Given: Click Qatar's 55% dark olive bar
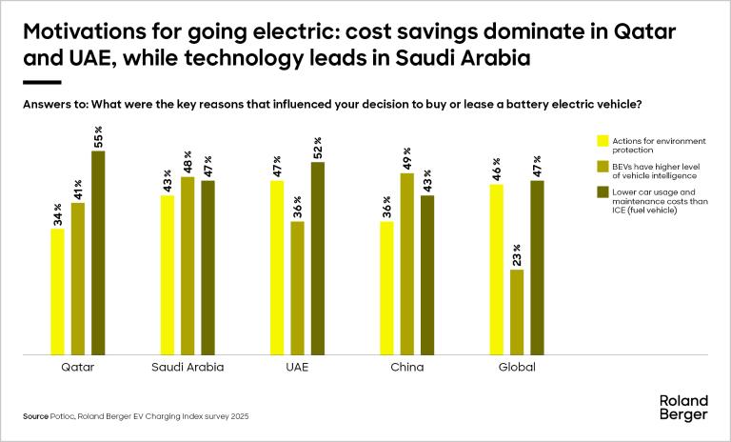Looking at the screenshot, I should tap(98, 252).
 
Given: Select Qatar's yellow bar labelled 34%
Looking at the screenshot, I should tap(58, 291).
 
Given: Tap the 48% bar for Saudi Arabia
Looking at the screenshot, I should tap(188, 266).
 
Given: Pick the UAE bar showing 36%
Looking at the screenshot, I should tap(297, 288).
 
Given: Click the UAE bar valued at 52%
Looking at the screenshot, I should tap(317, 258).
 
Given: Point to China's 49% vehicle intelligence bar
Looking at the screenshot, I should tap(406, 264).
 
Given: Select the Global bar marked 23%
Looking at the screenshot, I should tap(516, 311).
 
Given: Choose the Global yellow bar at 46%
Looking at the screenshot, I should tap(496, 270).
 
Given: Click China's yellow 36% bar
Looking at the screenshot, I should tap(386, 288).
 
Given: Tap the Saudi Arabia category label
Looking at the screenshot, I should tap(188, 367).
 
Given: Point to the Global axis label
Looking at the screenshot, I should tap(517, 367).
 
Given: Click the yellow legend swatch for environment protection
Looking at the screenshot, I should tap(601, 141).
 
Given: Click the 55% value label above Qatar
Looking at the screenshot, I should tap(98, 136).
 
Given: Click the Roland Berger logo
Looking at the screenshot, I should tap(682, 410).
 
